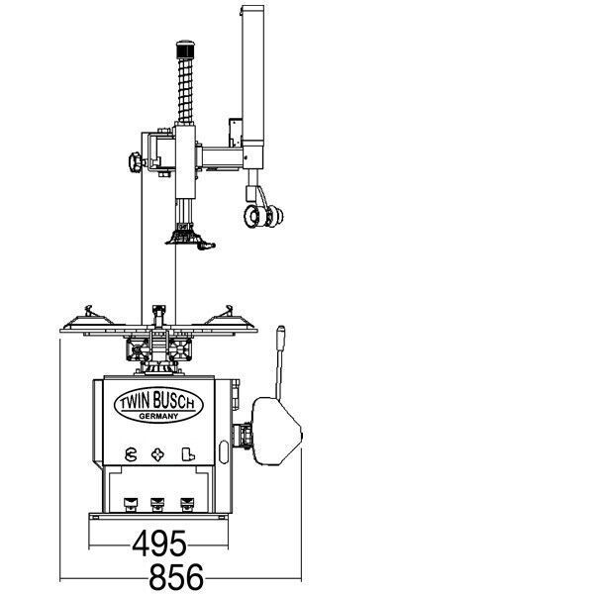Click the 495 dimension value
(x=159, y=544)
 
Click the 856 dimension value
(x=176, y=576)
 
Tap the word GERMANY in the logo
(x=158, y=416)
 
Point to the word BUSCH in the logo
(x=174, y=401)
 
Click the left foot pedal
(x=131, y=504)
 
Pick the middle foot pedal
(x=157, y=504)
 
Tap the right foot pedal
(x=187, y=504)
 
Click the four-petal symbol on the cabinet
(x=157, y=454)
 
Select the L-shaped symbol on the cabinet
(x=188, y=454)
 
